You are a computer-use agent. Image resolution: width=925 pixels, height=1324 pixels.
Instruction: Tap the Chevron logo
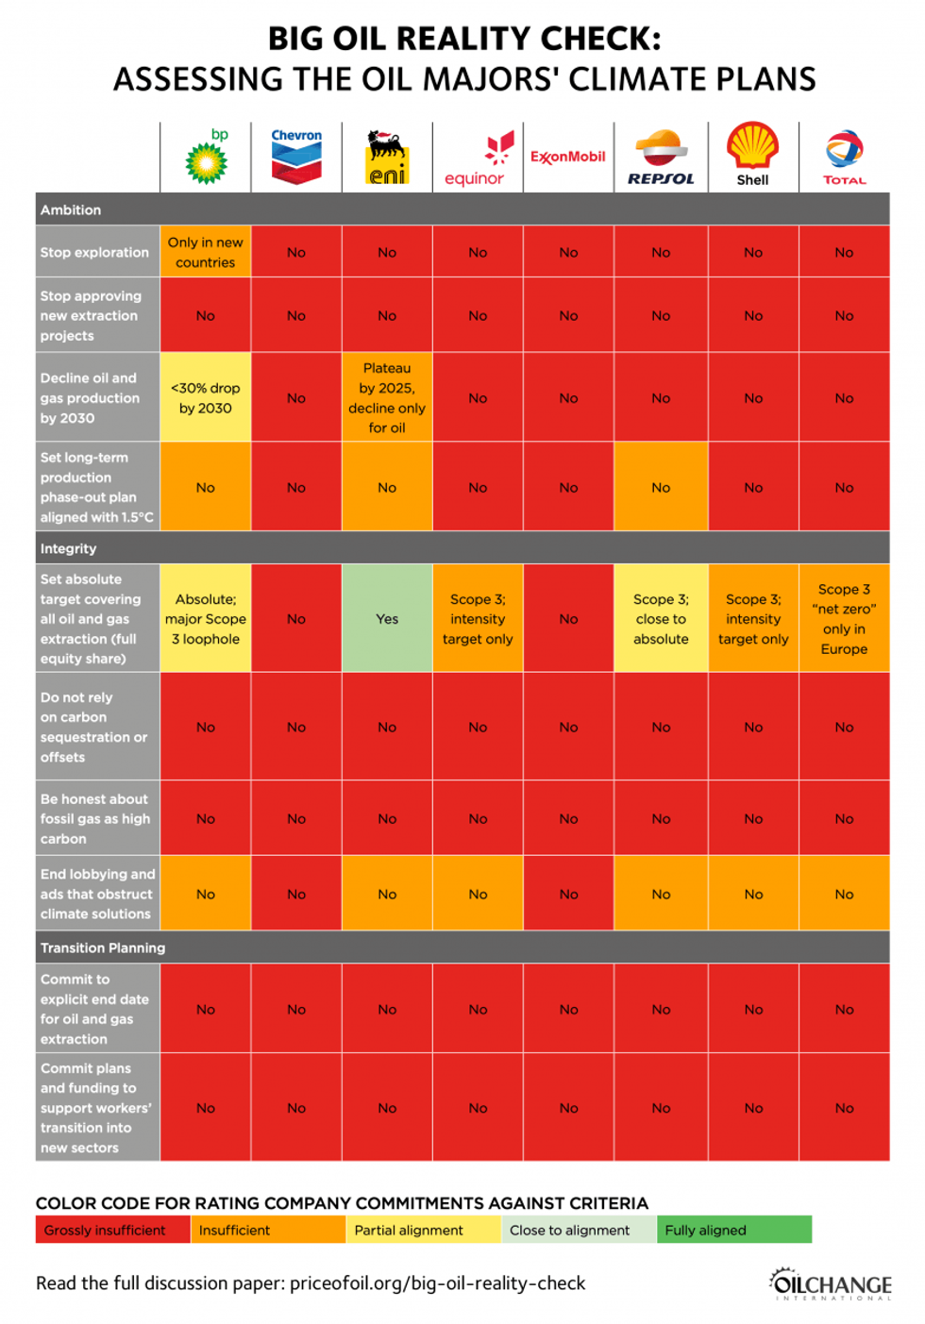296,157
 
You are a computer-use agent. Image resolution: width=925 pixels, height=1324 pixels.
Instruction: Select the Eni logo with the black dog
387,158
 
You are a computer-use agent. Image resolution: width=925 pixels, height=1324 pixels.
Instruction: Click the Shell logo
752,155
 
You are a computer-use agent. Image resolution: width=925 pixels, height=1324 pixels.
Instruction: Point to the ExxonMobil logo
568,157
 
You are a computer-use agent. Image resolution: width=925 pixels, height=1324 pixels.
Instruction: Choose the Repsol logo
661,158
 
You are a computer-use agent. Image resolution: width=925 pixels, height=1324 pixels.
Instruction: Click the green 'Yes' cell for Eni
387,619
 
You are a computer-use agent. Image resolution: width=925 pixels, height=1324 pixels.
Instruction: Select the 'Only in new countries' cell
206,252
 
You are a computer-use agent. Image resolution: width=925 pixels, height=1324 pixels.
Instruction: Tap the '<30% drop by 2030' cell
206,398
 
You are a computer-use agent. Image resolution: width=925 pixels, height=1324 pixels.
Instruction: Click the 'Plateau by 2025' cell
387,397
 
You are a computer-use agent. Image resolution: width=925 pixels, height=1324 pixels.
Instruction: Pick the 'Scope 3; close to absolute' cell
661,619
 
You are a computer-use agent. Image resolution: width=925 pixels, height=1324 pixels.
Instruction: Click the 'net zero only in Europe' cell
844,619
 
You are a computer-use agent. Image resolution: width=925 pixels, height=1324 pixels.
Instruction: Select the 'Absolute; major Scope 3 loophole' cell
206,619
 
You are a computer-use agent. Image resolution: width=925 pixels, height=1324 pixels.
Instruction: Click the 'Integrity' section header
68,548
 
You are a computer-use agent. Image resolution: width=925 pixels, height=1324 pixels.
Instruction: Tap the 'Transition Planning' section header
103,947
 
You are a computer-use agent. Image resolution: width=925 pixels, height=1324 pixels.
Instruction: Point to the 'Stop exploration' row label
94,252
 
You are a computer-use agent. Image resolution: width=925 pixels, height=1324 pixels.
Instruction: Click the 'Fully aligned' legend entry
733,1230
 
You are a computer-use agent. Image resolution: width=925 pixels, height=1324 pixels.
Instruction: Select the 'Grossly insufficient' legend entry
111,1230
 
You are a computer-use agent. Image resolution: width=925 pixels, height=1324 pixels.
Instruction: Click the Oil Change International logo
830,1284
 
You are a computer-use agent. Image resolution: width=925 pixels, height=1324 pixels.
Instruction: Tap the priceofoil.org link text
437,1283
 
